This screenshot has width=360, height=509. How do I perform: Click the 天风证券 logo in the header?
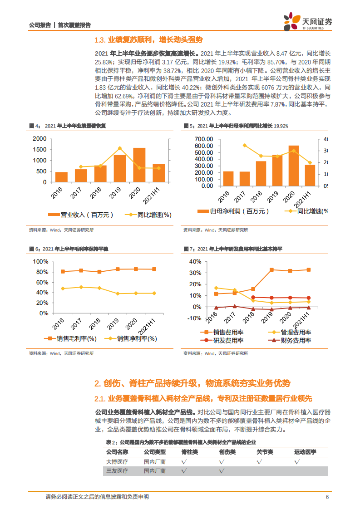307,22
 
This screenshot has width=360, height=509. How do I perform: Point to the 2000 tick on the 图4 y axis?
39,139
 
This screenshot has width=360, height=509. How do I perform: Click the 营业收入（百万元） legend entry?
81,215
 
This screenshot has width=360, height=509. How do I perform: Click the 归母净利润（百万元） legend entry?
233,211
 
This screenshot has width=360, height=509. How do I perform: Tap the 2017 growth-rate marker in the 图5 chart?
245,146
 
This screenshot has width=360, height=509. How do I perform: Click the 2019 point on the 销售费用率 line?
271,270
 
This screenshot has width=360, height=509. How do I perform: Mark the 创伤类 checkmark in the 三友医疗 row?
222,471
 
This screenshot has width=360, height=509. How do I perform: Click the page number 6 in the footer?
327,497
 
